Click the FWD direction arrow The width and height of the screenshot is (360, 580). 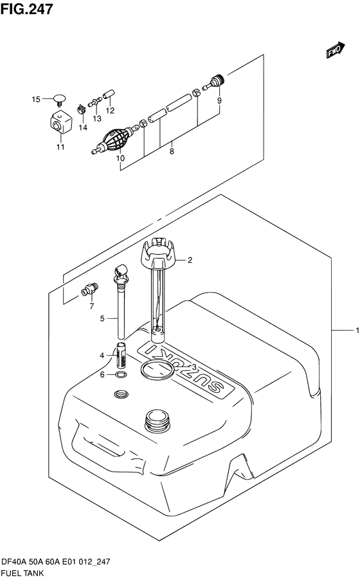336,50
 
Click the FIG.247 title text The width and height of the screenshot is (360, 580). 26,9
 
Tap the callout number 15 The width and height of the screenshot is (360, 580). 36,99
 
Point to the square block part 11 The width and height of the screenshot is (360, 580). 60,122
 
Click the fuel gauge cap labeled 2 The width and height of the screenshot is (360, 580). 157,254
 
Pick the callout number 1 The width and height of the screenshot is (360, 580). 357,331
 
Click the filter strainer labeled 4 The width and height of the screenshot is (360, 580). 122,355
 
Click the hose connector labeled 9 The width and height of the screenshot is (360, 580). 215,82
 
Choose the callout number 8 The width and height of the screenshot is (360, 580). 172,151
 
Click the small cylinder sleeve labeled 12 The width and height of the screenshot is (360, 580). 109,94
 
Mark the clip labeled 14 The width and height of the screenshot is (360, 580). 82,109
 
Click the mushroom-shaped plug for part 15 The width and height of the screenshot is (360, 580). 60,99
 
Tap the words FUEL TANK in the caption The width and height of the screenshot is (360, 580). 23,573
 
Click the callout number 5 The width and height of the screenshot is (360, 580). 102,318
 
